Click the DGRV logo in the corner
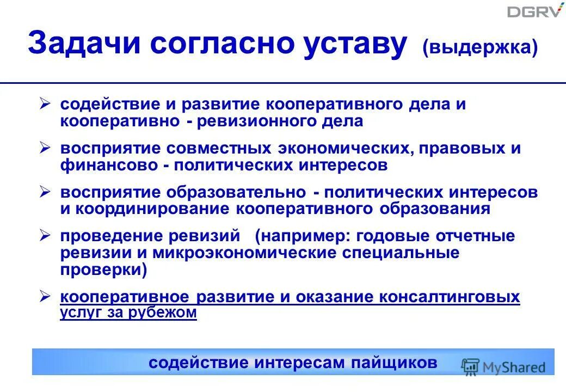(535, 10)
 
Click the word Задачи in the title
(83, 44)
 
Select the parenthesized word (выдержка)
(479, 47)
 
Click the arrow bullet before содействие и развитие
(46, 103)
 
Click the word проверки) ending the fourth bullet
(103, 270)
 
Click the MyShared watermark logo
(503, 366)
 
